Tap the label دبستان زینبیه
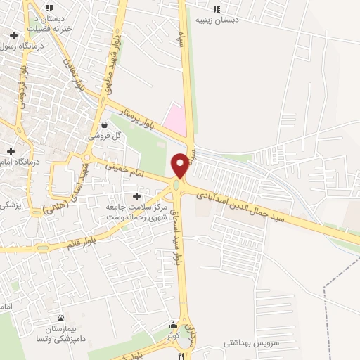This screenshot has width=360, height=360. [217, 20]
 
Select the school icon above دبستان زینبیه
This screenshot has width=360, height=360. [217, 8]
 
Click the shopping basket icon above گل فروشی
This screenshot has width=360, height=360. [104, 124]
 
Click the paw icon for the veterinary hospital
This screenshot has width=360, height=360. [60, 319]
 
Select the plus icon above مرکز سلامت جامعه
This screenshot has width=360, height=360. [137, 195]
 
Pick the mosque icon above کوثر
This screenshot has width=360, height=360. [174, 325]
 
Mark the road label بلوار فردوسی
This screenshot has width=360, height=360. [23, 88]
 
